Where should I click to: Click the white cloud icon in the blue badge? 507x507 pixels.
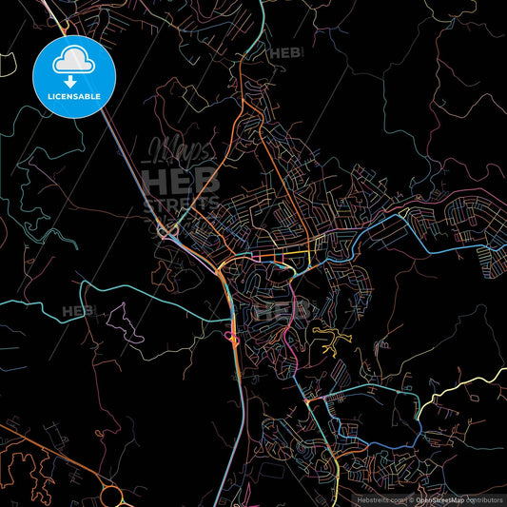pos(73,61)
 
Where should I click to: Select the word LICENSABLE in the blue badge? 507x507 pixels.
pos(73,97)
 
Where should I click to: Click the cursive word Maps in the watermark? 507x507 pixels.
pos(178,149)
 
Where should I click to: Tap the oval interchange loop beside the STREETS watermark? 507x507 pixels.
pos(169,228)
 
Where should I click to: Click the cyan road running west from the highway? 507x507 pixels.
pos(143,290)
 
